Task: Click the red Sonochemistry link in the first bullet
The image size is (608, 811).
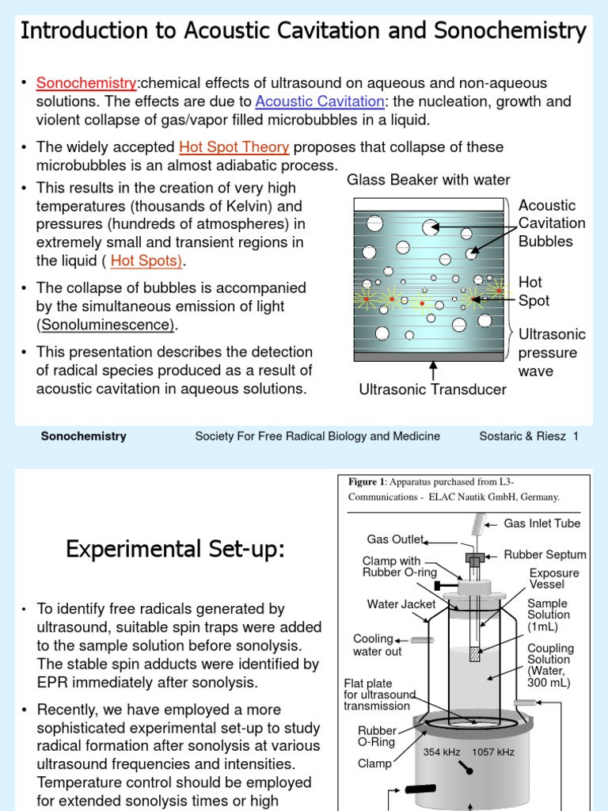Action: coord(86,83)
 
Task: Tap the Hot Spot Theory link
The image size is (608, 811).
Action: coord(234,147)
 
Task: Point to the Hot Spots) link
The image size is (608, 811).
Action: coord(147,261)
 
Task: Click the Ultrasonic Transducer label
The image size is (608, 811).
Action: coord(432,389)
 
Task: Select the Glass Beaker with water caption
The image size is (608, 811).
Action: coord(428,180)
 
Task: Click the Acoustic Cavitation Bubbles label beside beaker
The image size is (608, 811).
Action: coord(551,223)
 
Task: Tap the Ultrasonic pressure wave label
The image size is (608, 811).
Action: coord(551,352)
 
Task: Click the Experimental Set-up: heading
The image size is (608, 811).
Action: coord(174,549)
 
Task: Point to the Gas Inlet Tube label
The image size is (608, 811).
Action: coord(541,524)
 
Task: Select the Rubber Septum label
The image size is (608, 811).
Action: coord(545,555)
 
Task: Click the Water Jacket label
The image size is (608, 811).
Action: coord(401,604)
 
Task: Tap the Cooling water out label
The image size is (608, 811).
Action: coord(377,645)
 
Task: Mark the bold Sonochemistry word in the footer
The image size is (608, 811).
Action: coord(83,436)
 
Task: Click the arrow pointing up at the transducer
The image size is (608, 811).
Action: coord(433,368)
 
